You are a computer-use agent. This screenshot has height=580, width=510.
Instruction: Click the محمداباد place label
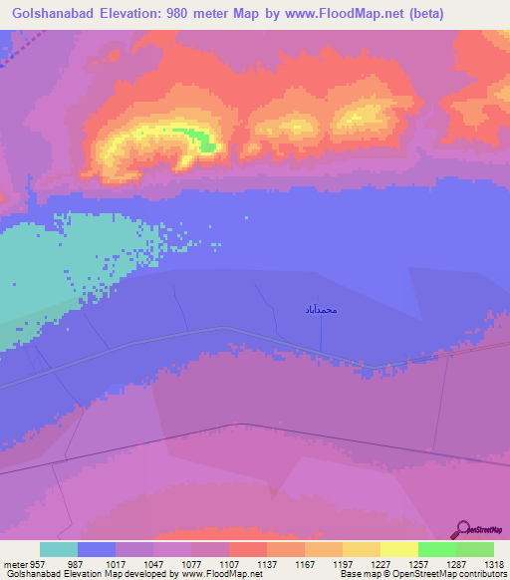point(322,310)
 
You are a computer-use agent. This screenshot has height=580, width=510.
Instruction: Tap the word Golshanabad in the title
point(53,14)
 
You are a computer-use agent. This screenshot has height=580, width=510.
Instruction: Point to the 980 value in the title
point(189,14)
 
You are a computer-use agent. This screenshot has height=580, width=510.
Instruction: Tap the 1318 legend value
point(481,562)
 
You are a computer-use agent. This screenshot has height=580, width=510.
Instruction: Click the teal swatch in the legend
point(59,549)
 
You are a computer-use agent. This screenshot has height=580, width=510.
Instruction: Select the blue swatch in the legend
point(97,549)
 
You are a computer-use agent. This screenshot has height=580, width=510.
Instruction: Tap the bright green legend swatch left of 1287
point(436,549)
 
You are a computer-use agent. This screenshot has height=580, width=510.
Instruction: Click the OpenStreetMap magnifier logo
point(461,528)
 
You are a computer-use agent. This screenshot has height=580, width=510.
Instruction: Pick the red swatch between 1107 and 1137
point(247,549)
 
